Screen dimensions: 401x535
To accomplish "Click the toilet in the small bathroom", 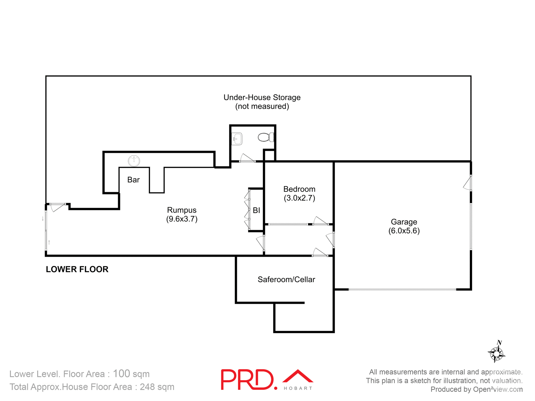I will click(x=266, y=137).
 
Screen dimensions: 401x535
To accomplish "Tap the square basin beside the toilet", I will click(x=237, y=139).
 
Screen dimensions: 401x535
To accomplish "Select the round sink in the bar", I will click(x=134, y=161).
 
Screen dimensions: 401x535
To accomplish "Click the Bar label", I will click(x=133, y=180).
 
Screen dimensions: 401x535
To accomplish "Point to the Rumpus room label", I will click(x=182, y=210).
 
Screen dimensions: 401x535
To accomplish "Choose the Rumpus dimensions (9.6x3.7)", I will click(x=182, y=219).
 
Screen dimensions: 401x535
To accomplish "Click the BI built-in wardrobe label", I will click(x=256, y=211).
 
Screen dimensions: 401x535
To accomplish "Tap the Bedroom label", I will click(x=299, y=189).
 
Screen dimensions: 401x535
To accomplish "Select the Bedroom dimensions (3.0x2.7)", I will click(x=299, y=198).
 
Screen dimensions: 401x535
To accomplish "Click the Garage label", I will click(x=404, y=222).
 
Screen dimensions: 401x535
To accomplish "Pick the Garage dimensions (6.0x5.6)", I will click(x=404, y=231).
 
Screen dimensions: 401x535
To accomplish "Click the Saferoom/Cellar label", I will click(x=286, y=279).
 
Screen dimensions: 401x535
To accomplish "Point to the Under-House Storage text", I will click(x=262, y=97).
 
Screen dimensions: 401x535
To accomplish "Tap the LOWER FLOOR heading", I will click(x=77, y=269).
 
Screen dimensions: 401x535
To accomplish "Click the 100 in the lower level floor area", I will click(x=121, y=374).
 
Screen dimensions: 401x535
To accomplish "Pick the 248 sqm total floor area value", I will click(x=157, y=387).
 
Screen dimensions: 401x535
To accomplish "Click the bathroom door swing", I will click(x=247, y=158).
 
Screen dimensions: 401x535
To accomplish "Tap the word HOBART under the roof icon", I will click(x=298, y=388).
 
